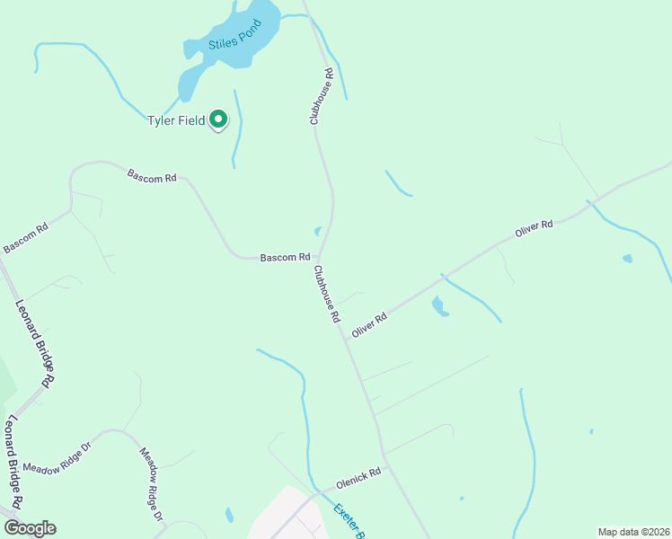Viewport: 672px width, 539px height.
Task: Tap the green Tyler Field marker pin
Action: point(218,119)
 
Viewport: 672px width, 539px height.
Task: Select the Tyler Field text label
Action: point(176,121)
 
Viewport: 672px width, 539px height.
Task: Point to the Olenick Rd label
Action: point(358,477)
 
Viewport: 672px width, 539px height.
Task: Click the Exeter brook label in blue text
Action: point(348,521)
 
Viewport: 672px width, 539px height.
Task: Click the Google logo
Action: point(29,528)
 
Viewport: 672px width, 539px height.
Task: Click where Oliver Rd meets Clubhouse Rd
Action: point(345,339)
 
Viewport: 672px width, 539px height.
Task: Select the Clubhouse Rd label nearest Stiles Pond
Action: point(323,96)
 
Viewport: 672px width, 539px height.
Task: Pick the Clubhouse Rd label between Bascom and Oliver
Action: point(327,294)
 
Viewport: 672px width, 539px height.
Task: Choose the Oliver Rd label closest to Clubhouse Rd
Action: point(369,323)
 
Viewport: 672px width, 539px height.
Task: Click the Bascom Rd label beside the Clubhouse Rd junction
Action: point(285,258)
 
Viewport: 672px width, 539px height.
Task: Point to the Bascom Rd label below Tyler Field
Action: point(152,176)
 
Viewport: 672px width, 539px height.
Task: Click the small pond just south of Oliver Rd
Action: point(439,306)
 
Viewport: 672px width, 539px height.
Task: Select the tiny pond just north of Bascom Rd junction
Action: point(318,230)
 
